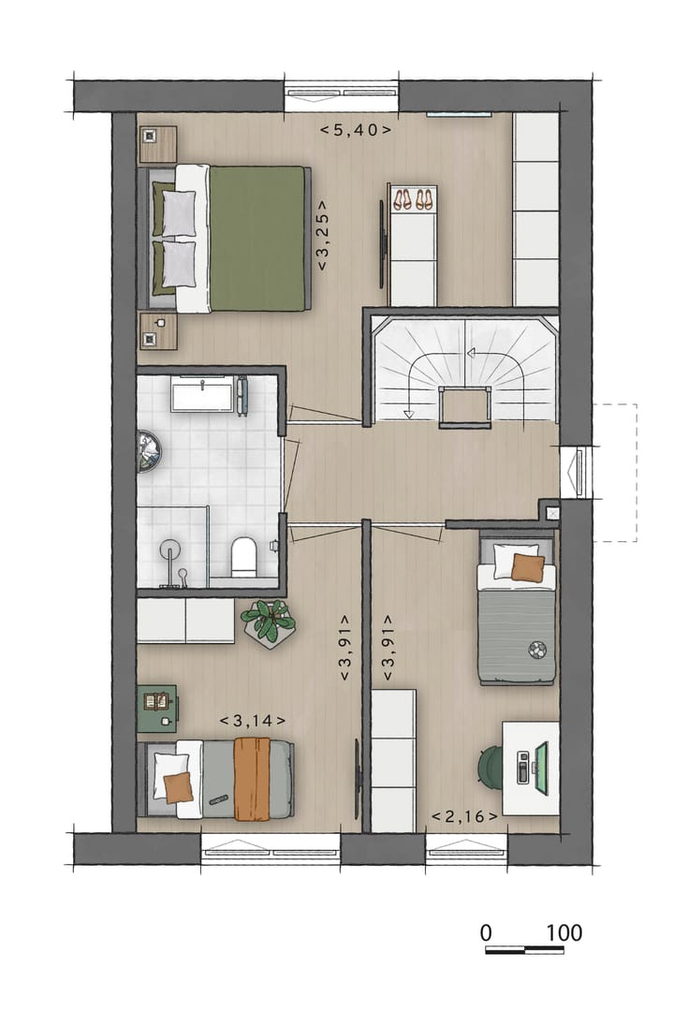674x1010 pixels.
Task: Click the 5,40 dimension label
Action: point(355,130)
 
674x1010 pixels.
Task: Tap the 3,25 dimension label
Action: point(321,235)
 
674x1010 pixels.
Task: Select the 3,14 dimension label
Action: point(253,720)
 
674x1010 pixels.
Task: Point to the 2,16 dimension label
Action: point(464,817)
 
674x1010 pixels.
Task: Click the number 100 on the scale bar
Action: point(564,933)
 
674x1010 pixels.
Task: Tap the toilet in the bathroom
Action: point(243,555)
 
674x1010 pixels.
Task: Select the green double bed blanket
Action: point(257,238)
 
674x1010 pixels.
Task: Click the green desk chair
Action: point(491,767)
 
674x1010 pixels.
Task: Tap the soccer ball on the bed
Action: point(536,648)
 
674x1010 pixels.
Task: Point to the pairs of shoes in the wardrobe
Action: point(413,199)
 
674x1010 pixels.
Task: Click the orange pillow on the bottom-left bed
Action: point(177,787)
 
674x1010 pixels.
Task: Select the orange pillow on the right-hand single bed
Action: point(528,567)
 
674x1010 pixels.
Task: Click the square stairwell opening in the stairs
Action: point(465,406)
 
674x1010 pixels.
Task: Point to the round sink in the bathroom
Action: point(148,450)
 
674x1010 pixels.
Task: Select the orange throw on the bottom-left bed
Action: point(251,778)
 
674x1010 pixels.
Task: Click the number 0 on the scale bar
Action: point(486,933)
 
